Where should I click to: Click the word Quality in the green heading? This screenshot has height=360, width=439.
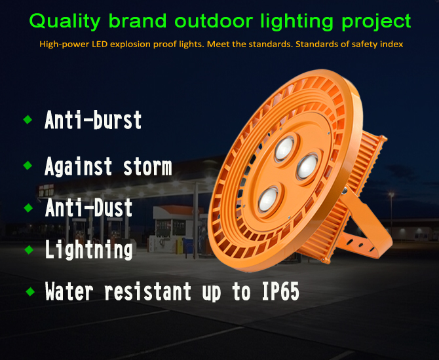(x=65, y=21)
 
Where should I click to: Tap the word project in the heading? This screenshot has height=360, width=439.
(x=376, y=21)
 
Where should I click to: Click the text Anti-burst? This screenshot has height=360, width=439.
(x=93, y=120)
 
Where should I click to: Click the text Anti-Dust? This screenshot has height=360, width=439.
(x=88, y=208)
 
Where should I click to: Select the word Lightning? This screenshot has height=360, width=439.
(x=88, y=249)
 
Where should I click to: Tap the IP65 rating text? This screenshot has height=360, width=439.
(x=280, y=291)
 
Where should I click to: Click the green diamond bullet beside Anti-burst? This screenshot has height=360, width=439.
(x=28, y=119)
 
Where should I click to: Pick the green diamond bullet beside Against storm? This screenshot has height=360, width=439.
(x=28, y=166)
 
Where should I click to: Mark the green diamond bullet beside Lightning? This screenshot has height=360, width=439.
(x=29, y=249)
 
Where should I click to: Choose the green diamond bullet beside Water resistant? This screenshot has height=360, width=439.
(x=30, y=292)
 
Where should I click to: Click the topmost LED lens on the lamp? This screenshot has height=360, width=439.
(x=284, y=148)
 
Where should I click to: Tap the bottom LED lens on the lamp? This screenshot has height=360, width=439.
(x=268, y=199)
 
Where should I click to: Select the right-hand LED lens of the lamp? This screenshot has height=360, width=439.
(x=307, y=167)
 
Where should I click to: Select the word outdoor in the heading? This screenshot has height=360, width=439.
(x=214, y=21)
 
